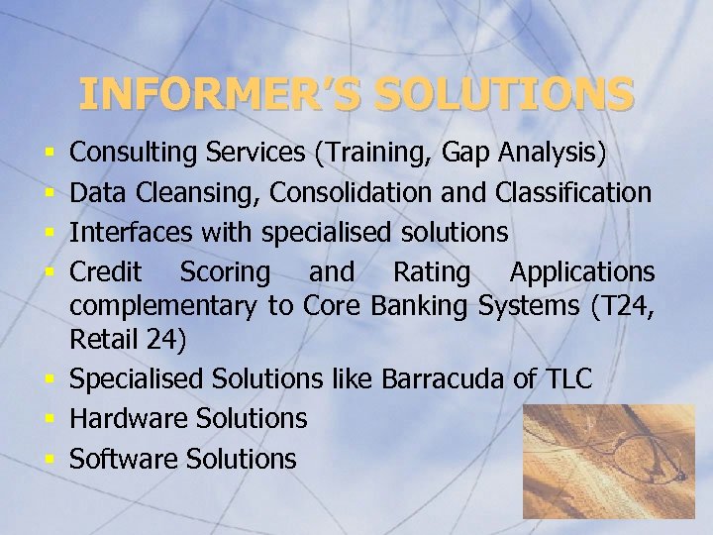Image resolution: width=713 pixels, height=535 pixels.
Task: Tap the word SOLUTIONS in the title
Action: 504,94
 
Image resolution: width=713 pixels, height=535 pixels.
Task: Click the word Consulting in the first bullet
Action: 135,153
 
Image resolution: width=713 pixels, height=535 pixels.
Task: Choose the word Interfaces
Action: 131,233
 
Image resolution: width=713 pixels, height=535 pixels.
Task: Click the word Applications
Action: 581,272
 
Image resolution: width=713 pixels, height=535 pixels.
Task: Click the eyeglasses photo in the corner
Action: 609,461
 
